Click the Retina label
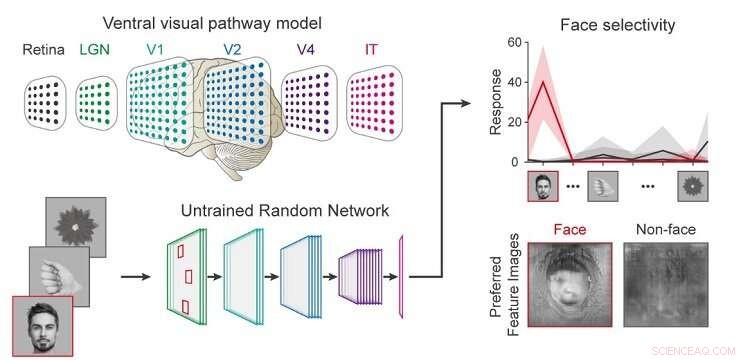point(47,47)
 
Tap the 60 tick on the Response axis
point(513,43)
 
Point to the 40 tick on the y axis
point(513,82)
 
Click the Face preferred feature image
point(569,289)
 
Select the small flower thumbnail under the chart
point(693,187)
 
